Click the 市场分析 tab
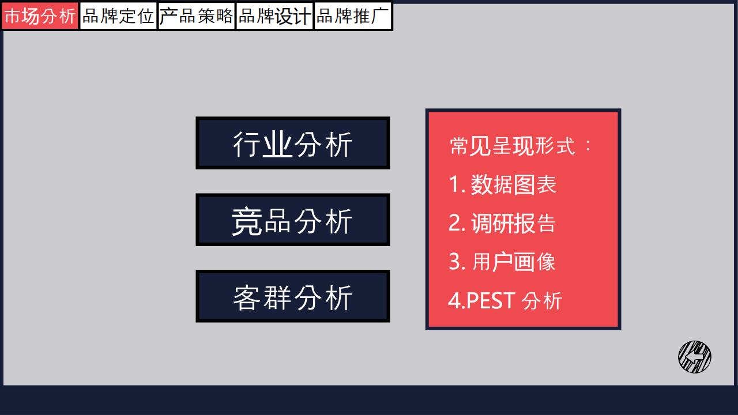tap(40, 16)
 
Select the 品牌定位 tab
tap(118, 16)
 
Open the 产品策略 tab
tap(197, 16)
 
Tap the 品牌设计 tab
tap(274, 16)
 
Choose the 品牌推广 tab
tap(353, 16)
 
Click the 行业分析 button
tap(293, 143)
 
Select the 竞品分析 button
tap(293, 220)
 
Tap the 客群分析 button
tap(293, 296)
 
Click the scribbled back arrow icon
tap(695, 357)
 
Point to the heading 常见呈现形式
tap(513, 146)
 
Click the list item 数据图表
tap(513, 184)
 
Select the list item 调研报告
tap(513, 223)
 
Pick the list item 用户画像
tap(514, 262)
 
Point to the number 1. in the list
tap(457, 184)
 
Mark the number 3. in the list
tap(457, 262)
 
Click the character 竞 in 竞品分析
tap(247, 221)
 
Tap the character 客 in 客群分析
tap(247, 298)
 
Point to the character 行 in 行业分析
tap(247, 145)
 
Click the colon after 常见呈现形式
tap(589, 146)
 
